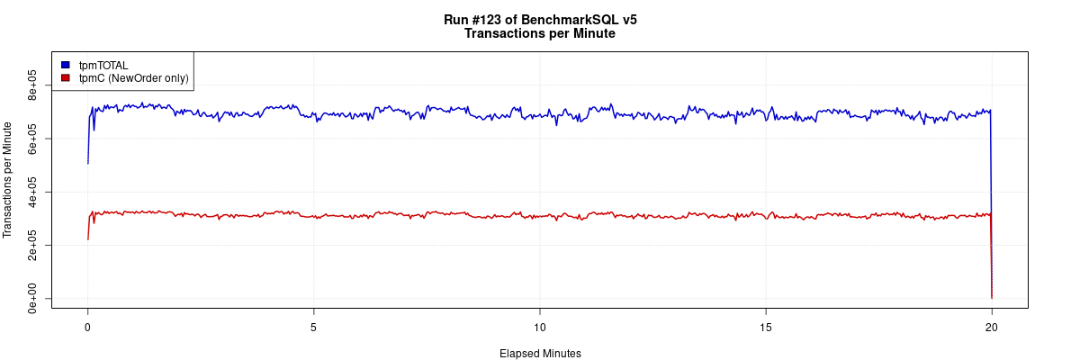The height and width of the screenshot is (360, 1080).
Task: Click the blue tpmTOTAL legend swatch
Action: (x=66, y=66)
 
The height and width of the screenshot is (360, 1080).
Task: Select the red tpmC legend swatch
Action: (x=66, y=78)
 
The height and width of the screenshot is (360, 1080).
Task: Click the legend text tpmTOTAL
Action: (x=103, y=66)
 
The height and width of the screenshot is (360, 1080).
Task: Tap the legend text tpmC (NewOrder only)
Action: (x=133, y=78)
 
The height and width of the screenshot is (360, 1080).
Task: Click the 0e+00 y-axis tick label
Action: (x=32, y=298)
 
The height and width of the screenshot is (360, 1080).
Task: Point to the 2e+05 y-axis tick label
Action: (x=32, y=245)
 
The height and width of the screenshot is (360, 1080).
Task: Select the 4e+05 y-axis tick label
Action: (x=32, y=192)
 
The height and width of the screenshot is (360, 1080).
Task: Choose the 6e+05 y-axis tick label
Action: (x=32, y=139)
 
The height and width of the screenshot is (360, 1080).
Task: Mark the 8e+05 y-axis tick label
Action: (x=32, y=85)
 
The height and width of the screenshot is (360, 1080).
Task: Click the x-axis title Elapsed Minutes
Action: (x=540, y=354)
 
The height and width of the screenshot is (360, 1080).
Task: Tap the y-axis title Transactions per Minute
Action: (x=9, y=180)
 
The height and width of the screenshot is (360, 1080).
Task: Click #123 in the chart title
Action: (x=497, y=19)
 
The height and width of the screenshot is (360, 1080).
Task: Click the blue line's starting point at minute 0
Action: (x=87, y=163)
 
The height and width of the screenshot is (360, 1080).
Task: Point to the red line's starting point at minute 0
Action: (x=87, y=238)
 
